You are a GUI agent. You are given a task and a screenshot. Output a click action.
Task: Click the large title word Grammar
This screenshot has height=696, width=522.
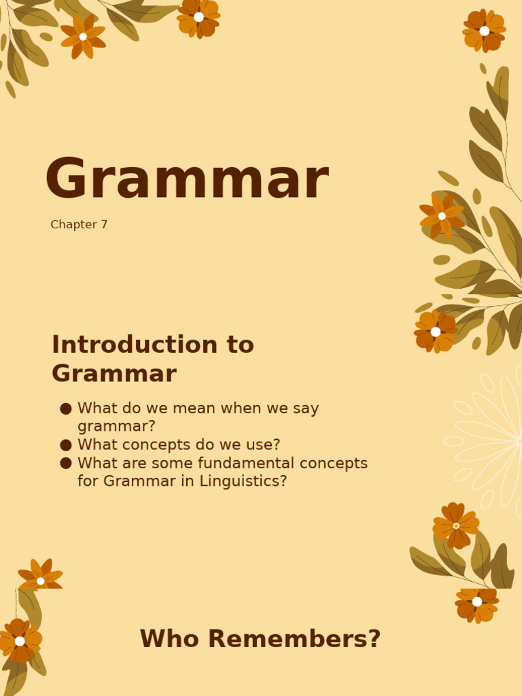click(187, 180)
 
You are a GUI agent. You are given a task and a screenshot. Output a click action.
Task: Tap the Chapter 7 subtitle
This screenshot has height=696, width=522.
click(79, 225)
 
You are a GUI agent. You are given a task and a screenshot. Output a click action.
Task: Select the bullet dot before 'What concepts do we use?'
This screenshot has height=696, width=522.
click(66, 445)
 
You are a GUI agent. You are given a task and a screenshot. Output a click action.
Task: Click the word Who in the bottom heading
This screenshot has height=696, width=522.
click(162, 639)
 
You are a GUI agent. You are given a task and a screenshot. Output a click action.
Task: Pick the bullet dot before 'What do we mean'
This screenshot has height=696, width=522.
click(66, 408)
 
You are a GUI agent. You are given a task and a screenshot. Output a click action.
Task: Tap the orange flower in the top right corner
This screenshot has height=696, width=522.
click(484, 31)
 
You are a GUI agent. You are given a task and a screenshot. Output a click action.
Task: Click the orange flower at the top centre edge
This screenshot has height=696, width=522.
click(198, 16)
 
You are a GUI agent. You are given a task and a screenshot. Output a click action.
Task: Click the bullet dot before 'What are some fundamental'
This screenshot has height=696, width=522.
click(66, 464)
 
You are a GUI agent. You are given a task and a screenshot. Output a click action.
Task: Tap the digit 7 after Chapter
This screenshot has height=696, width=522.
click(104, 225)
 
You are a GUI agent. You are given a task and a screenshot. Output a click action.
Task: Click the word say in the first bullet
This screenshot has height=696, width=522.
click(304, 408)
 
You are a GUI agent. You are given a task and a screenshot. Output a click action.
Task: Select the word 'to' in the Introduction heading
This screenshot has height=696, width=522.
click(240, 345)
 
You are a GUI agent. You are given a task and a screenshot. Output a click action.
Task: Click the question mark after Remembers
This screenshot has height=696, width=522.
click(374, 639)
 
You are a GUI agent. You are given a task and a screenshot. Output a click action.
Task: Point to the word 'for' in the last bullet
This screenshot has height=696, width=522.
click(88, 481)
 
